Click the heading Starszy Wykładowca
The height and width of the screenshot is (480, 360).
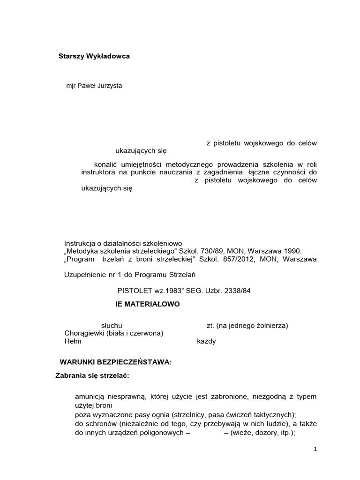click(94, 56)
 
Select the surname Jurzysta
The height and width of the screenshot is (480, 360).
click(107, 86)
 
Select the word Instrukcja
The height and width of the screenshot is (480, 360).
click(79, 243)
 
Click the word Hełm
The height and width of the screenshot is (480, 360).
click(73, 341)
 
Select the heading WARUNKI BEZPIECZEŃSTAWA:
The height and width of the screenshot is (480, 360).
click(116, 362)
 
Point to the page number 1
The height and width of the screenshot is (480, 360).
click(316, 449)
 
